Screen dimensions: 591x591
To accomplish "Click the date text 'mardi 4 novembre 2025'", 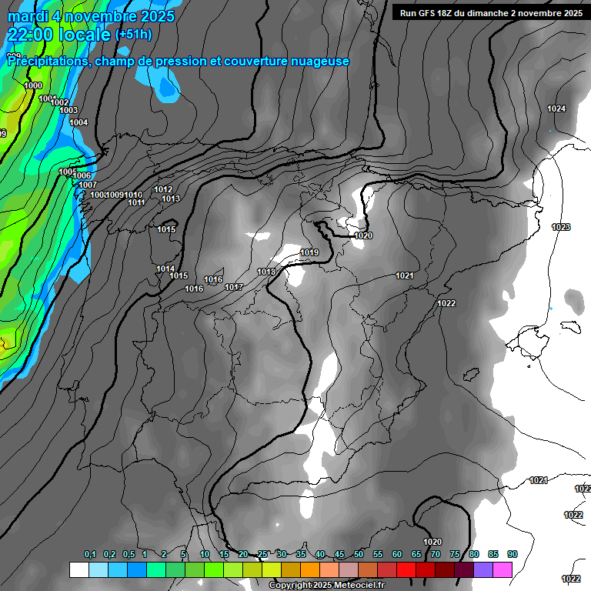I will (91, 16).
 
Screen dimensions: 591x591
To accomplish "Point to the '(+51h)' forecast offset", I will (133, 35).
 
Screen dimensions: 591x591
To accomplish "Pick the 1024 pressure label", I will (556, 109).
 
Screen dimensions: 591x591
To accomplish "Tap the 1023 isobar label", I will (561, 227).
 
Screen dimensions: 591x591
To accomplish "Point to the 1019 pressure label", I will (309, 252).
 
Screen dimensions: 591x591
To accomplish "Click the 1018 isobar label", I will (266, 272).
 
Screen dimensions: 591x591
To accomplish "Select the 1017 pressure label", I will (234, 287).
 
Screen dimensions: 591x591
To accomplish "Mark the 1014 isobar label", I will (165, 269).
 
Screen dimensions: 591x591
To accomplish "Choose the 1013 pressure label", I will (171, 199).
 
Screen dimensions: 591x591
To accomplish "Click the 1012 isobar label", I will (163, 189).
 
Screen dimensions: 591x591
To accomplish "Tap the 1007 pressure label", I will (87, 185).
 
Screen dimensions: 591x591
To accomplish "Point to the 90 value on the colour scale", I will (512, 554).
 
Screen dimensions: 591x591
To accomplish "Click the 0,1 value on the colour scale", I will (90, 554).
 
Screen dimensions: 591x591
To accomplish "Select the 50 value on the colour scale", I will (359, 554).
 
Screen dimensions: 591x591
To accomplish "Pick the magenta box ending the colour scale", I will (503, 569).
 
